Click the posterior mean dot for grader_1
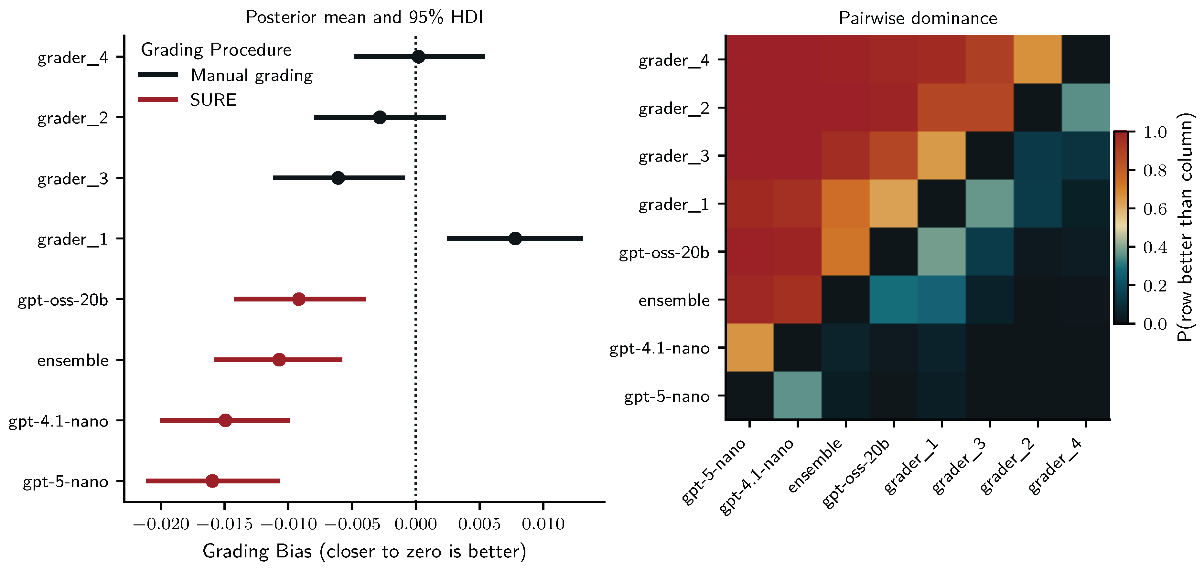[515, 239]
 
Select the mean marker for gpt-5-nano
[212, 481]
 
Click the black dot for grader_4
[418, 57]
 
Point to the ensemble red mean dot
[279, 360]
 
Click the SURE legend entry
[213, 100]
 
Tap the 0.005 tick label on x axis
[479, 524]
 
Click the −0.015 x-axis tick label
[224, 524]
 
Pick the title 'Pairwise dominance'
[918, 18]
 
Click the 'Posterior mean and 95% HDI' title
[364, 17]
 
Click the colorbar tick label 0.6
[1155, 209]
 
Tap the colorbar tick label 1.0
[1155, 132]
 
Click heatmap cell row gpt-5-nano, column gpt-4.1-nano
[797, 395]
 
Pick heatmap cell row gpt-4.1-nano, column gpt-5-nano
[749, 347]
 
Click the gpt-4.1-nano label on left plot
[59, 421]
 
